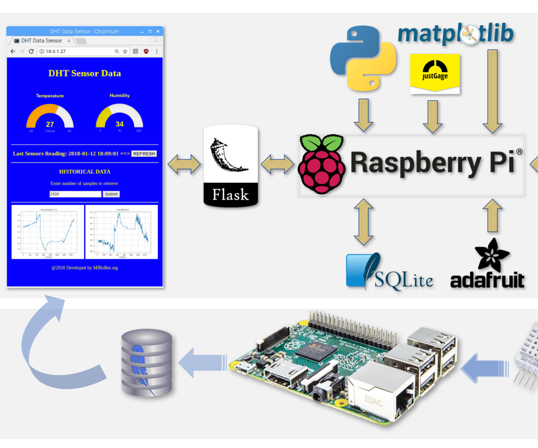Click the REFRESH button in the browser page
click(x=144, y=154)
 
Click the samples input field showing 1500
click(x=75, y=194)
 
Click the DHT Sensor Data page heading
click(x=84, y=73)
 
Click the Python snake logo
click(x=363, y=58)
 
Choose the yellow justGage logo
click(x=435, y=73)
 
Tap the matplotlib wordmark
click(x=455, y=34)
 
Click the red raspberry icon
click(x=321, y=164)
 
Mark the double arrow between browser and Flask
click(x=184, y=164)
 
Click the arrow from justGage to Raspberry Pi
click(x=432, y=116)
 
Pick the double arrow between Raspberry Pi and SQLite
click(x=364, y=222)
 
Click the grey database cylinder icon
click(x=147, y=363)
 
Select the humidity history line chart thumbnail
click(x=121, y=232)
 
